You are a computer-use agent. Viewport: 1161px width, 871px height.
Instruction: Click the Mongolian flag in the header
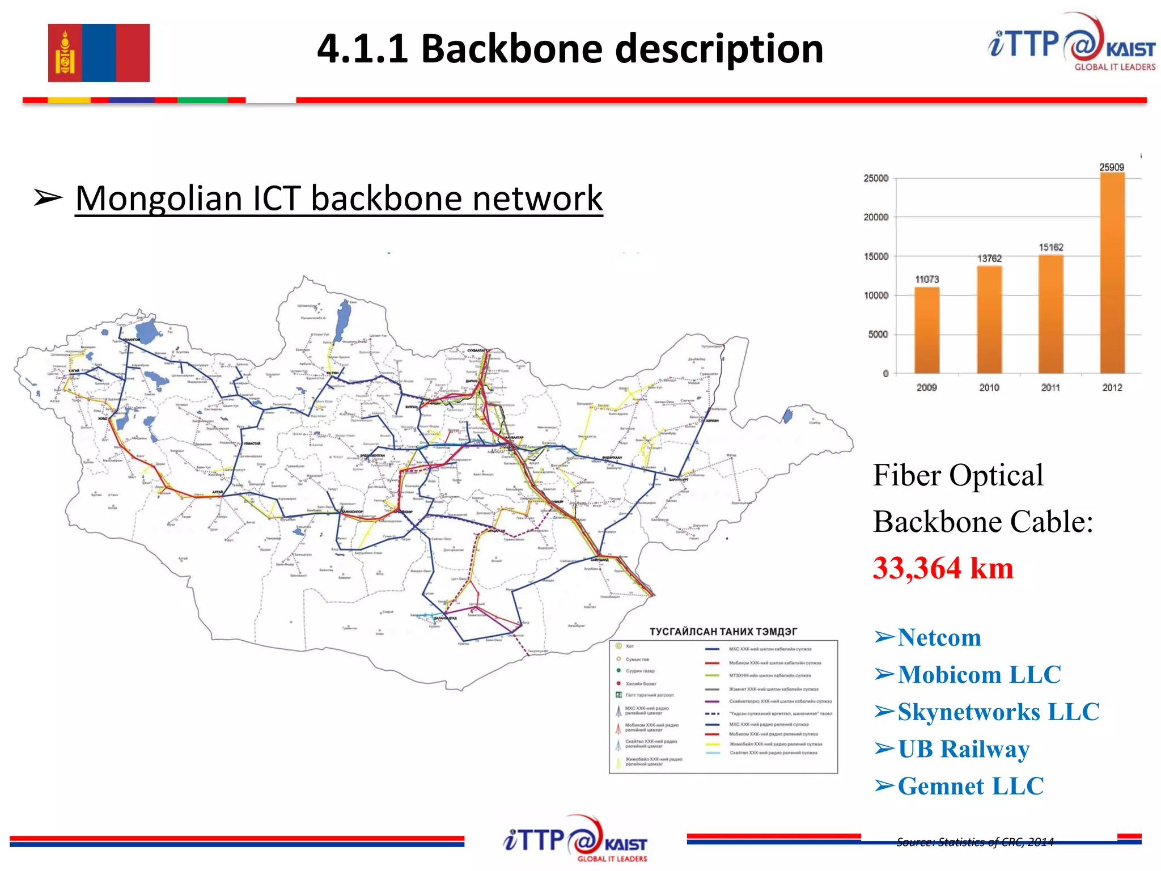point(99,53)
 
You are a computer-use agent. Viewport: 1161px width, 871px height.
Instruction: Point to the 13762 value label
point(989,259)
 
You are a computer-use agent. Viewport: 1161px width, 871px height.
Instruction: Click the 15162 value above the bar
point(1050,247)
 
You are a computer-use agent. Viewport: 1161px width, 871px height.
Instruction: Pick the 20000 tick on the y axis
point(876,217)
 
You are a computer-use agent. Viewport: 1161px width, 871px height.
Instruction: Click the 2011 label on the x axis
point(1050,387)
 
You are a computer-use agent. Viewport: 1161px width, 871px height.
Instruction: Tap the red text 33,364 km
point(943,568)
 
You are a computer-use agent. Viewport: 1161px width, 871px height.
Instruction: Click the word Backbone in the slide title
point(512,49)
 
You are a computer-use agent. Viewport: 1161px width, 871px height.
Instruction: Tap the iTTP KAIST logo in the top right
point(1071,43)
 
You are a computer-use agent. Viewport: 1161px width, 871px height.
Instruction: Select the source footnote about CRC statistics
point(974,842)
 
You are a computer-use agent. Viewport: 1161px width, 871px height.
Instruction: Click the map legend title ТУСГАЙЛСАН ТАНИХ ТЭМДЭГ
point(723,632)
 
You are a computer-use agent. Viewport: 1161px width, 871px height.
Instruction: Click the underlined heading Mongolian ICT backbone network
point(338,198)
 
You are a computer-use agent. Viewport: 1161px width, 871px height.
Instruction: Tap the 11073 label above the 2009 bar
point(927,280)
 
